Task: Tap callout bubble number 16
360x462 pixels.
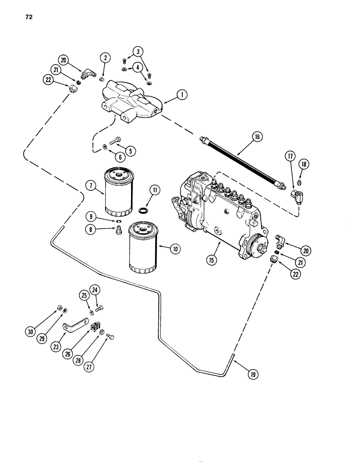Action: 257,137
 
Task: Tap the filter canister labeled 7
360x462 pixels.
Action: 118,192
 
